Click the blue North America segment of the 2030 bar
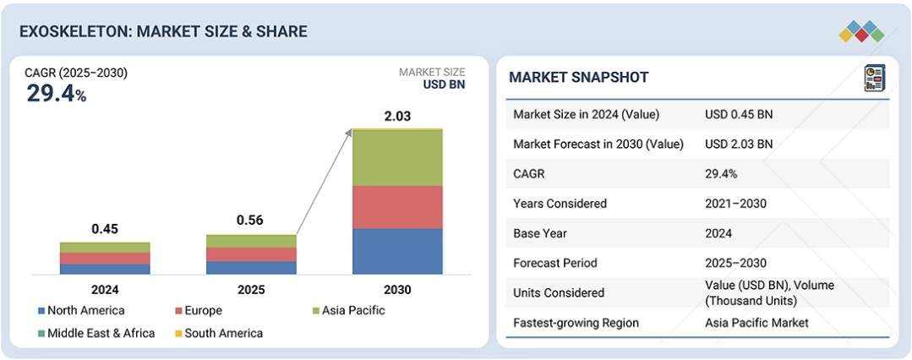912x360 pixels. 397,251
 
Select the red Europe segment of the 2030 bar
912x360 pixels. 397,207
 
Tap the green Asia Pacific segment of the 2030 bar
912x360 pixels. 397,158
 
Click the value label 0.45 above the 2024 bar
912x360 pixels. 105,229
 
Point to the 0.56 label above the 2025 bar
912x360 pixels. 250,221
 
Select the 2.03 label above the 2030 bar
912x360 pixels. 397,117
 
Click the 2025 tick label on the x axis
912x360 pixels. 250,290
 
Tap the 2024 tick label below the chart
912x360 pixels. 105,290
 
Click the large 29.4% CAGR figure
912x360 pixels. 56,94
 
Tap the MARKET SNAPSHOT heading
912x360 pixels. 579,78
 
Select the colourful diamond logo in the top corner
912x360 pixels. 861,32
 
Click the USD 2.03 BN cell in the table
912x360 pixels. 739,144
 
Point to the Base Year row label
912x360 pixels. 543,233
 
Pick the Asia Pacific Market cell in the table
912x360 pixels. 756,323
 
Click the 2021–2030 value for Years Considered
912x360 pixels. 736,204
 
